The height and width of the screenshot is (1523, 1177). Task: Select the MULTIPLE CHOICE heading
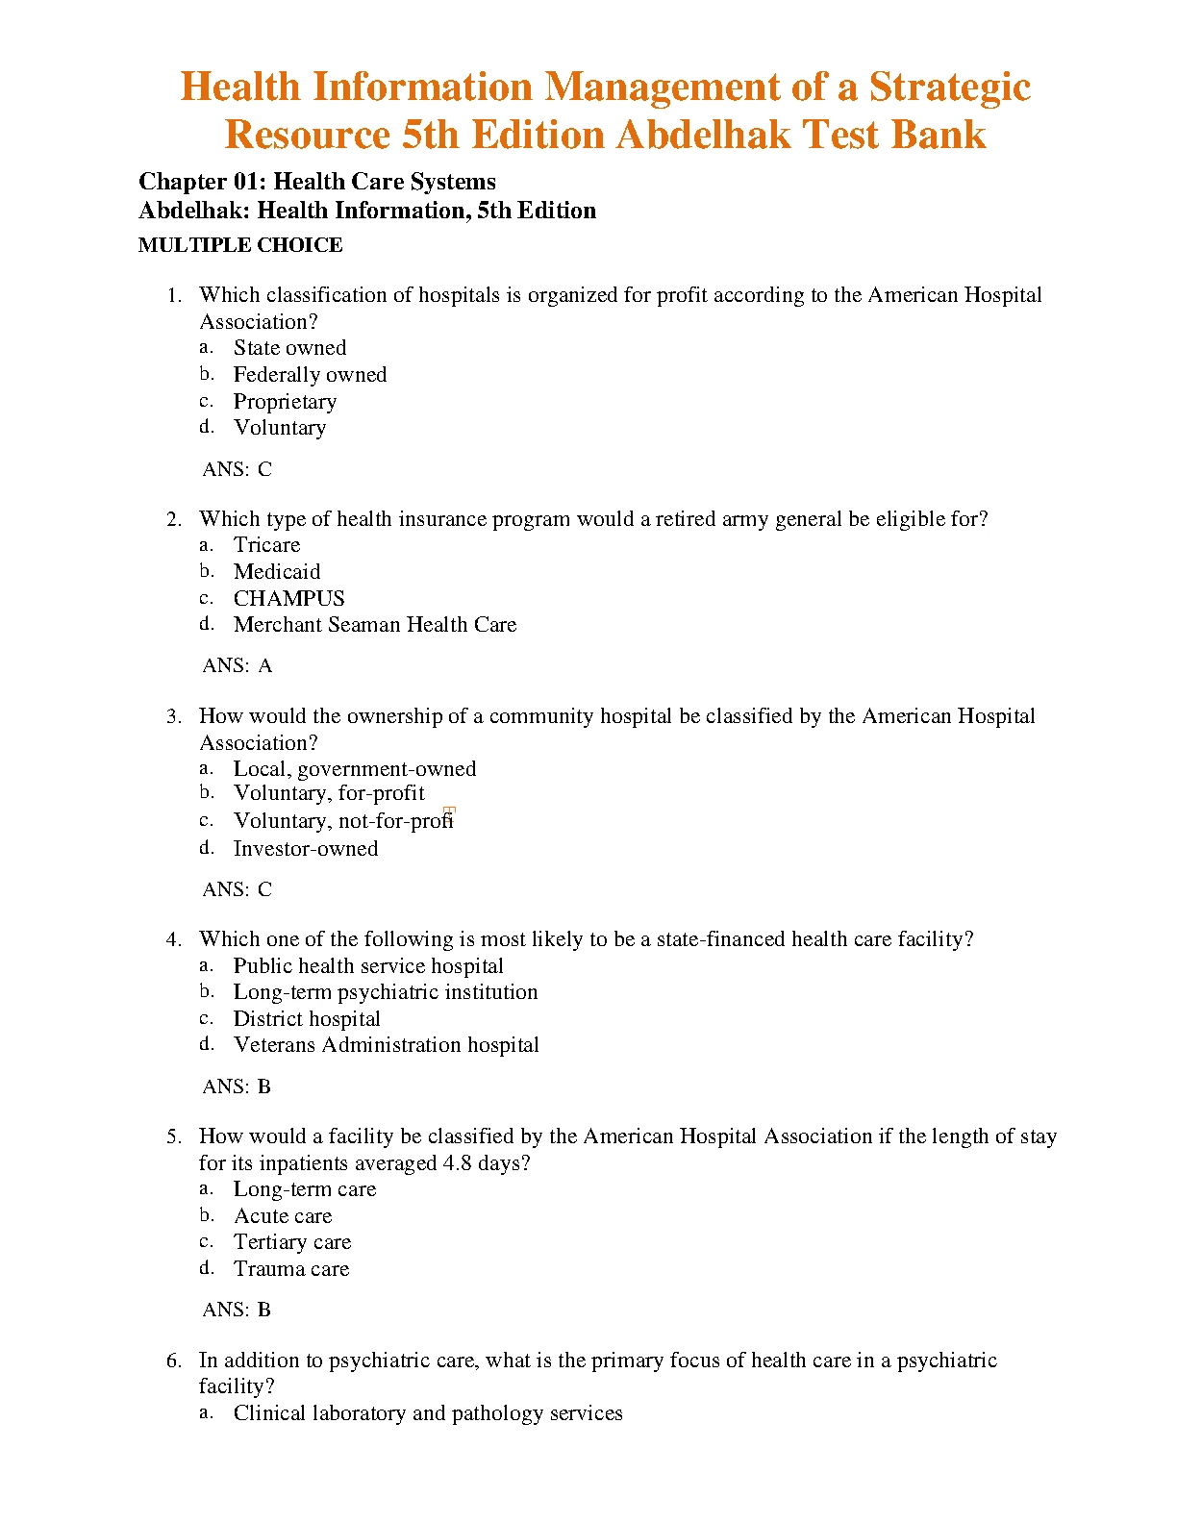click(x=240, y=245)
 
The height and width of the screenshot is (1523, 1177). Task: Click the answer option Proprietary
click(x=285, y=402)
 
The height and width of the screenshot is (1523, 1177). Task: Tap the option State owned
click(x=289, y=348)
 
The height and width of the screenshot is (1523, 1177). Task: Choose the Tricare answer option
click(x=266, y=545)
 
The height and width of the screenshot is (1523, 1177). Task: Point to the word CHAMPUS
click(x=288, y=598)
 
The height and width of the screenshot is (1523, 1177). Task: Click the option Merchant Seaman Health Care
click(x=374, y=625)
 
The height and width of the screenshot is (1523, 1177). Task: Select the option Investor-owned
click(x=305, y=849)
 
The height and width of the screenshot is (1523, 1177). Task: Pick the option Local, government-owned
click(x=354, y=769)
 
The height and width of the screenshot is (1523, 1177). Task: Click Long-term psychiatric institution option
click(x=385, y=992)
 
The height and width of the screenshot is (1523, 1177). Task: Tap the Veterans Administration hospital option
click(x=386, y=1045)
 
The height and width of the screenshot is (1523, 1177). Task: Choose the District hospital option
click(x=306, y=1019)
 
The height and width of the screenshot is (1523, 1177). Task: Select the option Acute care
click(x=283, y=1216)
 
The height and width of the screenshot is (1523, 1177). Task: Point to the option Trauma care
click(x=290, y=1269)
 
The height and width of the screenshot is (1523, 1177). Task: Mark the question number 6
click(x=173, y=1361)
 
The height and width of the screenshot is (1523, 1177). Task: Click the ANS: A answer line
click(x=238, y=665)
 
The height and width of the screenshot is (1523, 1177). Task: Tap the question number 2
click(x=173, y=519)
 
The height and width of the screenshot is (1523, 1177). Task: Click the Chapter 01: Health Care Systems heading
click(x=317, y=182)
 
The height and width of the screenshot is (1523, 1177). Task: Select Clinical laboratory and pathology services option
click(x=427, y=1413)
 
